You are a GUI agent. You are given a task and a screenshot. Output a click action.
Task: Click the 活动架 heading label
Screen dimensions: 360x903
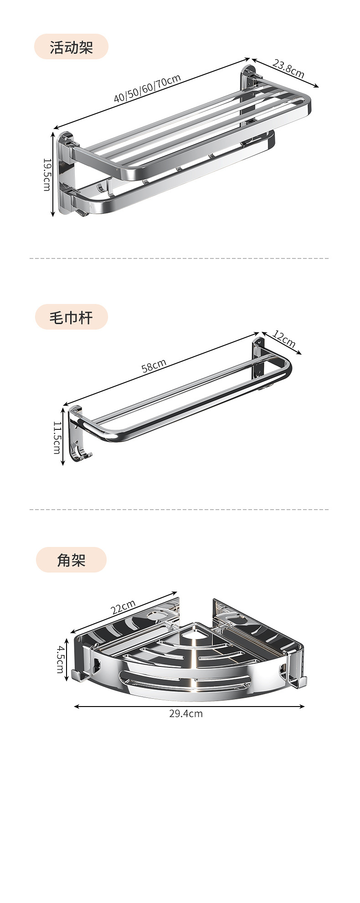pos(71,46)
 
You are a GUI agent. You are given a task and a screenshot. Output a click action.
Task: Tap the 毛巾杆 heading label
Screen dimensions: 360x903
pos(71,317)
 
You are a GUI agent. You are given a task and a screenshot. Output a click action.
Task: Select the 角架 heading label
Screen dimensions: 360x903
pos(71,560)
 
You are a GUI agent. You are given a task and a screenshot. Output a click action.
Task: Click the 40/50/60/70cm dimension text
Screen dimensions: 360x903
pos(147,88)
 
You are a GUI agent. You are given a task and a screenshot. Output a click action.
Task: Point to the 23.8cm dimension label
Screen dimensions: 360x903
pos(288,68)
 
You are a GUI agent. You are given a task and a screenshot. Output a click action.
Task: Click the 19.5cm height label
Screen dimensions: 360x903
pos(47,175)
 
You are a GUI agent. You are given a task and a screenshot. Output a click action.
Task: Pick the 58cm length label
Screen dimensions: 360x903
pos(154,366)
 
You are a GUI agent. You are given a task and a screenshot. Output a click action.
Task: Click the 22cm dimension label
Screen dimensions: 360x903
pos(123,607)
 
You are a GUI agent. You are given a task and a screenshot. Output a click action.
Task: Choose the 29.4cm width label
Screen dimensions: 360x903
pos(186,713)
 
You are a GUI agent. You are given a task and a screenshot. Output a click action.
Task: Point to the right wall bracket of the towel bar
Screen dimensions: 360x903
pos(258,360)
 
